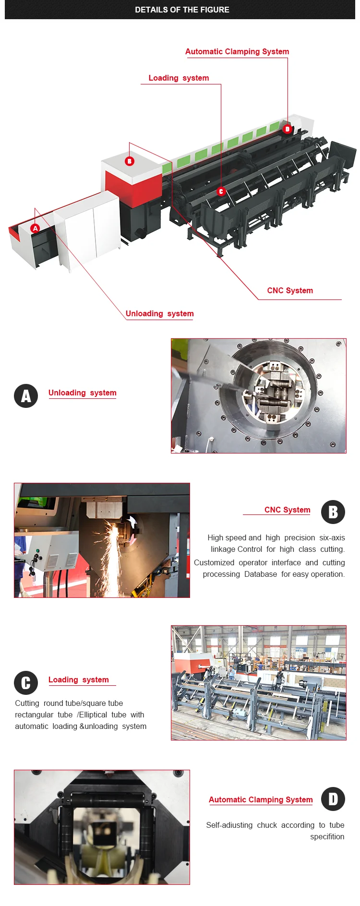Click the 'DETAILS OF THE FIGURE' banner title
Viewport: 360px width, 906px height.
click(x=182, y=10)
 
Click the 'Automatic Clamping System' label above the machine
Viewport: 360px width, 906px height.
click(x=237, y=51)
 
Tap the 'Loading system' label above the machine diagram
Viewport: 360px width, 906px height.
click(x=179, y=78)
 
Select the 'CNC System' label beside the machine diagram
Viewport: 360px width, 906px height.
click(x=290, y=290)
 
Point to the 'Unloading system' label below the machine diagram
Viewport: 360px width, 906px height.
click(x=160, y=313)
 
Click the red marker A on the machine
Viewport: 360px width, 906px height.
click(x=35, y=228)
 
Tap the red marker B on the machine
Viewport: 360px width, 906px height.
click(x=130, y=161)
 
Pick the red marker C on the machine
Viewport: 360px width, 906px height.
click(x=221, y=191)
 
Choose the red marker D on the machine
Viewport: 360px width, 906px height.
click(x=287, y=129)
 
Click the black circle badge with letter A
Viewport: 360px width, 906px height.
click(x=26, y=396)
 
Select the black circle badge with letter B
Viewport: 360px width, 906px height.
click(x=333, y=512)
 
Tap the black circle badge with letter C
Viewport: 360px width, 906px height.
click(x=26, y=683)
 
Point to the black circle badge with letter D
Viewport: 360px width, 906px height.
click(x=333, y=799)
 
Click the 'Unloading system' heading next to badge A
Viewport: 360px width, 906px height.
click(x=83, y=393)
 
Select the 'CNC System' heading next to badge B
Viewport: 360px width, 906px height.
click(x=288, y=510)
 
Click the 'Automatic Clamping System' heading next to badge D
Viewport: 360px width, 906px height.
click(x=261, y=799)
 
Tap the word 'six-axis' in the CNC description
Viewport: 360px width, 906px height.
click(x=332, y=537)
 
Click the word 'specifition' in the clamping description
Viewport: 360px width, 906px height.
click(x=327, y=836)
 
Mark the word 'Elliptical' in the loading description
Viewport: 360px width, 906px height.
click(x=93, y=715)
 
